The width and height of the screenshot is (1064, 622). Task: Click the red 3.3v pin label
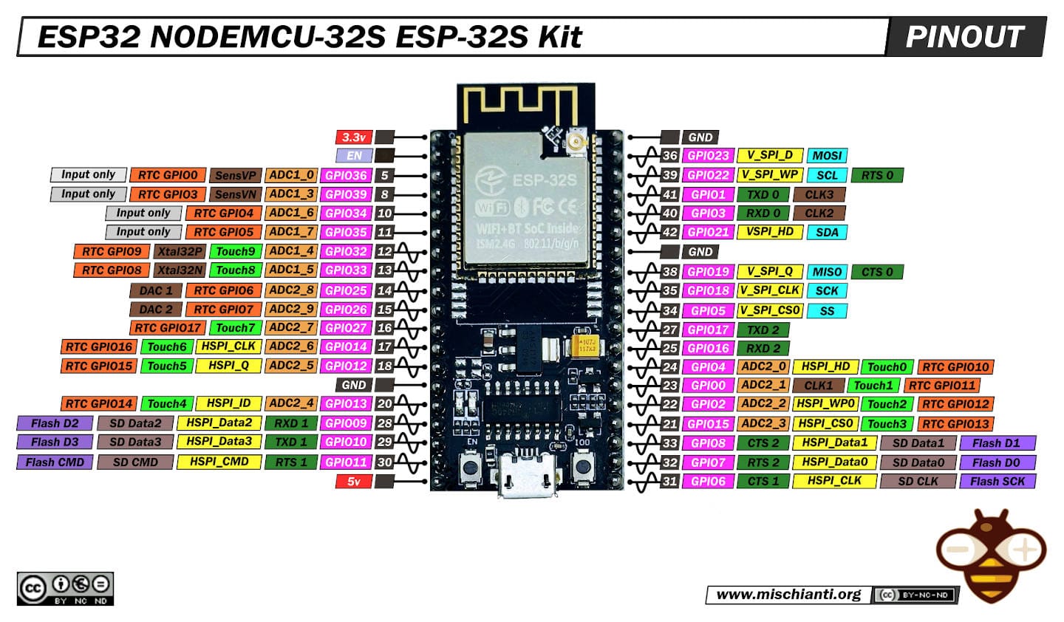[354, 137]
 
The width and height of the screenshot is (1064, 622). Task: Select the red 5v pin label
[354, 482]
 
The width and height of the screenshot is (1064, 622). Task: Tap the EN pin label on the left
[354, 156]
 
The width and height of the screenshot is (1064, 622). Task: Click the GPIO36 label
[346, 175]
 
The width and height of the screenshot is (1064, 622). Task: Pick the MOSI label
[826, 156]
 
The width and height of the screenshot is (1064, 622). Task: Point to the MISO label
[826, 272]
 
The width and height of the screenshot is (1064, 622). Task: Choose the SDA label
[826, 232]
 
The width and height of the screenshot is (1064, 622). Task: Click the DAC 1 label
[155, 290]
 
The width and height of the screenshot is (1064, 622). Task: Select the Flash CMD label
[55, 462]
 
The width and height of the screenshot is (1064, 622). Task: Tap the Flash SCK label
[997, 482]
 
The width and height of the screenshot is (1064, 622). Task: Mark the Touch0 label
[886, 367]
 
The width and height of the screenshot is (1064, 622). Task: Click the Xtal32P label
[180, 251]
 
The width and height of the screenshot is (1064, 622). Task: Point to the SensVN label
[235, 194]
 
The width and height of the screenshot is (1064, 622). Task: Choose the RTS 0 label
[876, 175]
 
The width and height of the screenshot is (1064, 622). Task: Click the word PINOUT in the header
[964, 37]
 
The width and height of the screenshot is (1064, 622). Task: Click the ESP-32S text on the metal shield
[545, 180]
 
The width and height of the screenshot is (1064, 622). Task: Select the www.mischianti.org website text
[788, 595]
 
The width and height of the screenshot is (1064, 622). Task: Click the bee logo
[990, 554]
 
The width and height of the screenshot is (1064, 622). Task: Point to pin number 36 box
[669, 156]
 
